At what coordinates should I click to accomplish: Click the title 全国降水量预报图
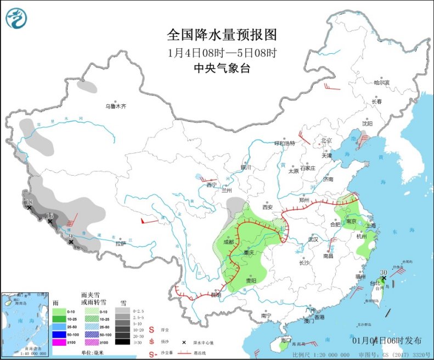(222, 35)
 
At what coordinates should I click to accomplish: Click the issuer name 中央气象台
(222, 68)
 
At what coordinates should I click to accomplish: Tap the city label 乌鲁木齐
(116, 106)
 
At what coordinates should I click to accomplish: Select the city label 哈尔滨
(381, 83)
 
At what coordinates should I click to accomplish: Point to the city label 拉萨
(121, 243)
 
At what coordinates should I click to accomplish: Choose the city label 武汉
(313, 240)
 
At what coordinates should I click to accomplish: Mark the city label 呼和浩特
(285, 143)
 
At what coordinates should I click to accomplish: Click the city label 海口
(285, 340)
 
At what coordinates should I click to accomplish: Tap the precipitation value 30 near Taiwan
(384, 272)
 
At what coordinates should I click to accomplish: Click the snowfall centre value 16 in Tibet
(49, 216)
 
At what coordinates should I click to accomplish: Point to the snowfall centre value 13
(30, 203)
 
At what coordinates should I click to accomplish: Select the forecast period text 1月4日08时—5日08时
(222, 53)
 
